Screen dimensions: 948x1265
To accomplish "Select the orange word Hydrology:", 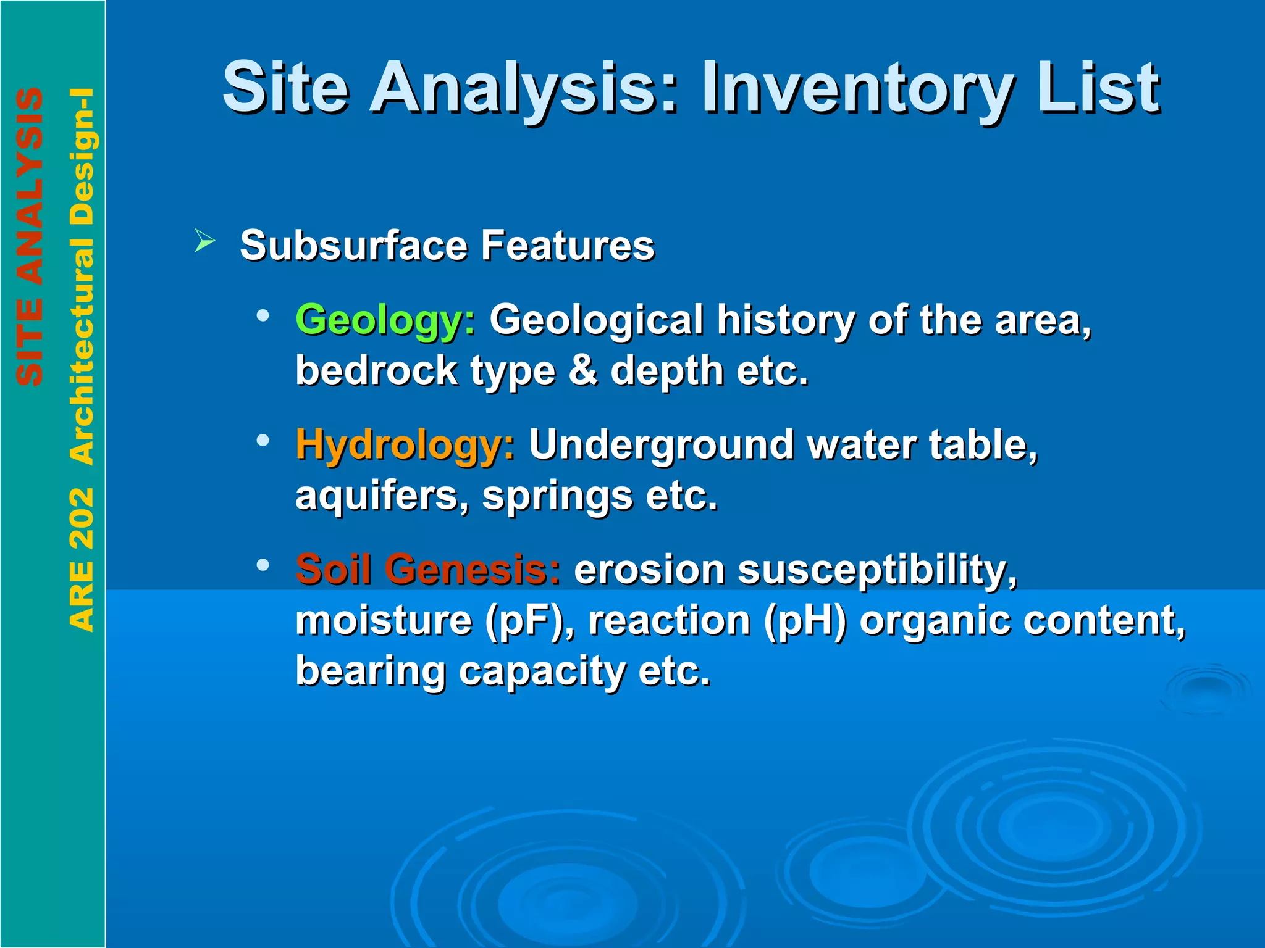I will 405,444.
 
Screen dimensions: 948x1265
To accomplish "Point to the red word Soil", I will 334,568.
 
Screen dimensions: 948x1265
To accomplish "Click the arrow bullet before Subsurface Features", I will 204,240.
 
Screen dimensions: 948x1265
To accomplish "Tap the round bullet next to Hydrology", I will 264,440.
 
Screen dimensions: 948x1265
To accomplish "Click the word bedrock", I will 376,370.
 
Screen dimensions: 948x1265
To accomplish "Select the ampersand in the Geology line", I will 583,370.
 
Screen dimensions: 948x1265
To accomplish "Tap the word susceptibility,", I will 877,570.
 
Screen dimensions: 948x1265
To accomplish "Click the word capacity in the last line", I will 542,671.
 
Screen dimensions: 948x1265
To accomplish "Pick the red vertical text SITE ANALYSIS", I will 30,237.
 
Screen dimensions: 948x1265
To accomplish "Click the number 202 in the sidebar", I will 82,518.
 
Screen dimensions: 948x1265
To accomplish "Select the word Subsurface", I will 354,246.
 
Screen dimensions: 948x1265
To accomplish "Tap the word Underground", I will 661,444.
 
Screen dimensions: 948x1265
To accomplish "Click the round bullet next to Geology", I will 264,315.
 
